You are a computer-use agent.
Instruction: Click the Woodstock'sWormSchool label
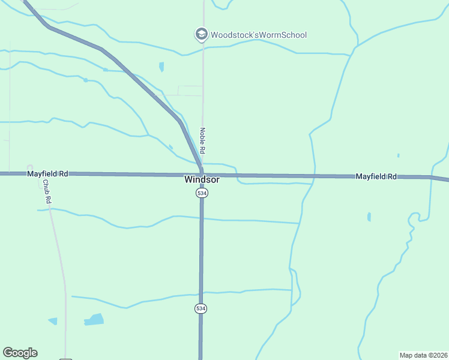[258, 35]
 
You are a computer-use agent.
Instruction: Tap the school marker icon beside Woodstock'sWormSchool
[201, 34]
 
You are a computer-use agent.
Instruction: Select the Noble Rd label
[203, 139]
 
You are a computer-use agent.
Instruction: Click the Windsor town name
[202, 179]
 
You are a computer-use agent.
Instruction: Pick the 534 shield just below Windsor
[202, 193]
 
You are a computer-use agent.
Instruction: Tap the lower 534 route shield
[200, 308]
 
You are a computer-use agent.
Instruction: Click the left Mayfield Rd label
[47, 173]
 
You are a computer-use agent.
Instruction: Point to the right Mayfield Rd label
[376, 176]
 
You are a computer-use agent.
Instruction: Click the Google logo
[20, 353]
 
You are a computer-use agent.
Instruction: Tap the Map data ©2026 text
[423, 355]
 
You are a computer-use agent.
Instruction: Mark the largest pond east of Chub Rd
[94, 319]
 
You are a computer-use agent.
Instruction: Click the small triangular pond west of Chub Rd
[53, 322]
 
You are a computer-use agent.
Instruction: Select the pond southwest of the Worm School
[161, 67]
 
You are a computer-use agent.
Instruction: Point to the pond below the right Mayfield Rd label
[369, 217]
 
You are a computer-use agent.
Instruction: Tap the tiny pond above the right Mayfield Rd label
[398, 155]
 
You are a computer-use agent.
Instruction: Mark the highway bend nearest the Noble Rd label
[180, 122]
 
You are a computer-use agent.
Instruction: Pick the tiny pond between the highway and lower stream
[170, 147]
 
